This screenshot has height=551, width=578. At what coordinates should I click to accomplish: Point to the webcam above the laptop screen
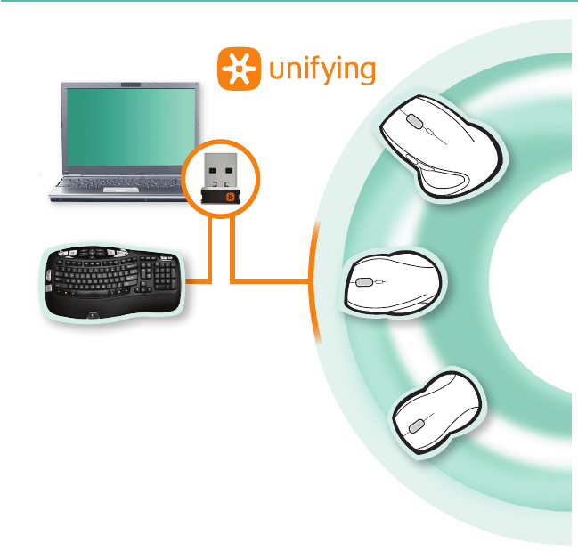click(131, 85)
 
